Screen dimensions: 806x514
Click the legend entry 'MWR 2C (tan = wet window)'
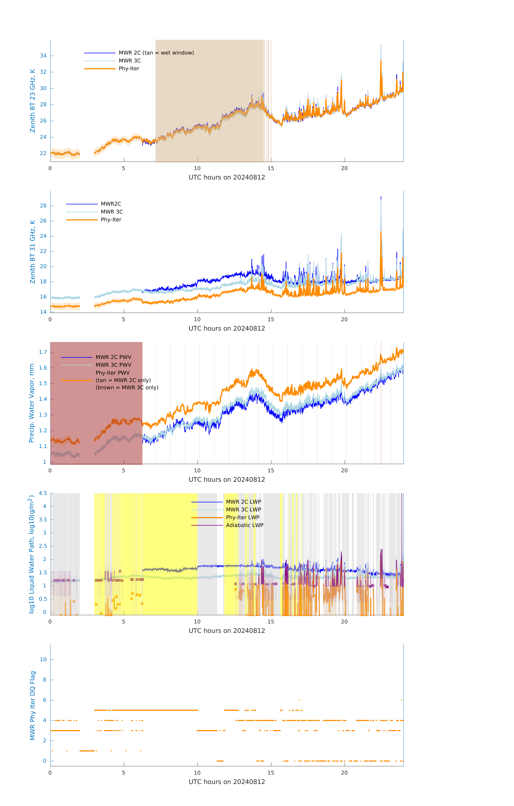(156, 53)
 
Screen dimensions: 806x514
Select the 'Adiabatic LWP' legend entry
(244, 525)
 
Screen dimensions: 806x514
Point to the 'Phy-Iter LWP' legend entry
(242, 517)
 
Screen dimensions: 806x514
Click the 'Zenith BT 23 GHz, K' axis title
(33, 101)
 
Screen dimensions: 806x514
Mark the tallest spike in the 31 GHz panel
(381, 197)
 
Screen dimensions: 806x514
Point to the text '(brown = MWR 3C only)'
(127, 388)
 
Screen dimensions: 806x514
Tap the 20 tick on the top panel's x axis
(344, 168)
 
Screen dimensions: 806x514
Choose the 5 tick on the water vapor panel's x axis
(123, 471)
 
